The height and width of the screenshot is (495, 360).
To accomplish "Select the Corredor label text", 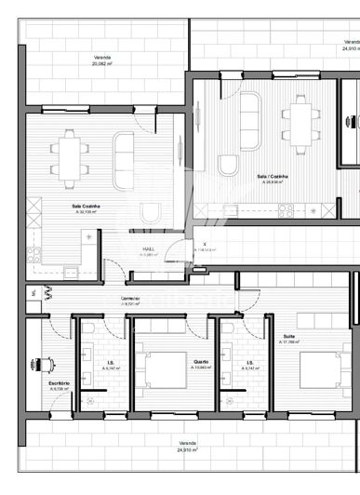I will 129,299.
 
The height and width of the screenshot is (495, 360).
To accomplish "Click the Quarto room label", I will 201,362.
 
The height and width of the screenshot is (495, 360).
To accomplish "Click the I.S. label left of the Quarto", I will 110,365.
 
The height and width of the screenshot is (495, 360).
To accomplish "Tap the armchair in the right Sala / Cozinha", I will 228,165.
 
